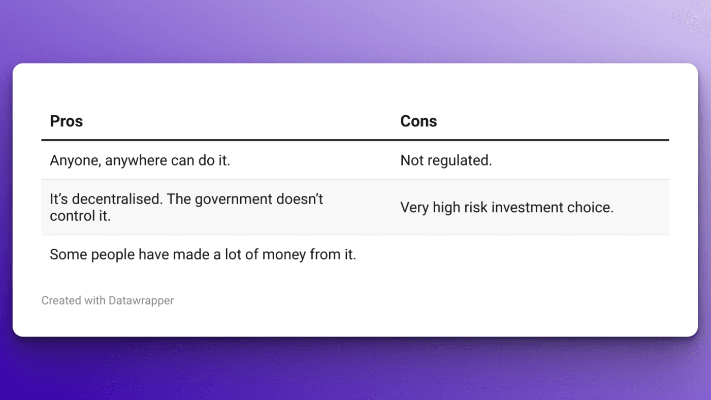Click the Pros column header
click(66, 121)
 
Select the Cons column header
click(418, 121)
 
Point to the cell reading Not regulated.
click(446, 161)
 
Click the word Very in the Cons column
click(414, 208)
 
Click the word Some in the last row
click(69, 255)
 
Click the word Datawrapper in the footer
click(141, 301)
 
